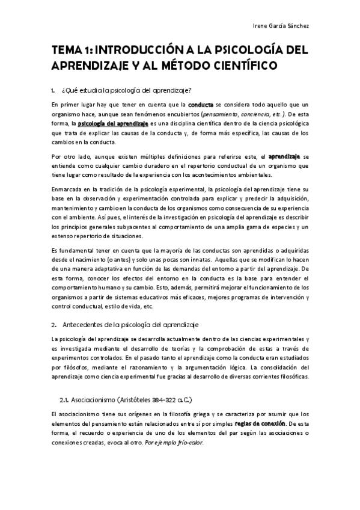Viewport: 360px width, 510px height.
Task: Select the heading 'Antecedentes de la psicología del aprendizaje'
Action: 130,325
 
